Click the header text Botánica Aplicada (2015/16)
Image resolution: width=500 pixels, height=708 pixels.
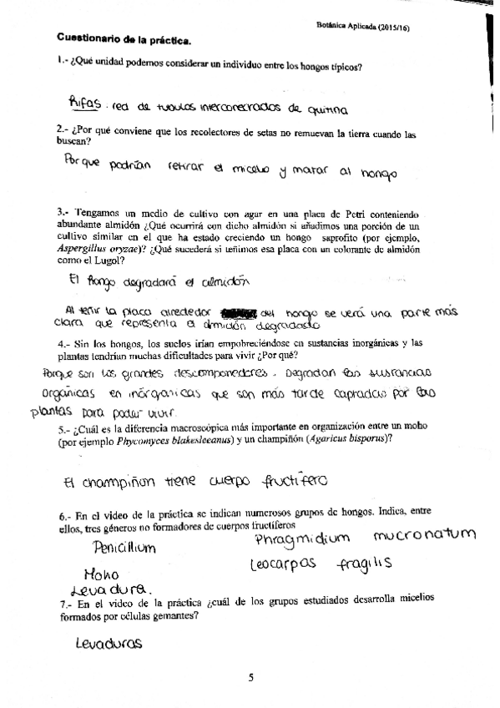click(368, 27)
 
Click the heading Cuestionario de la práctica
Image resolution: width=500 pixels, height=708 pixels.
click(124, 39)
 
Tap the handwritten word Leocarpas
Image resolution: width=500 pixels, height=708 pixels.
click(284, 565)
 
